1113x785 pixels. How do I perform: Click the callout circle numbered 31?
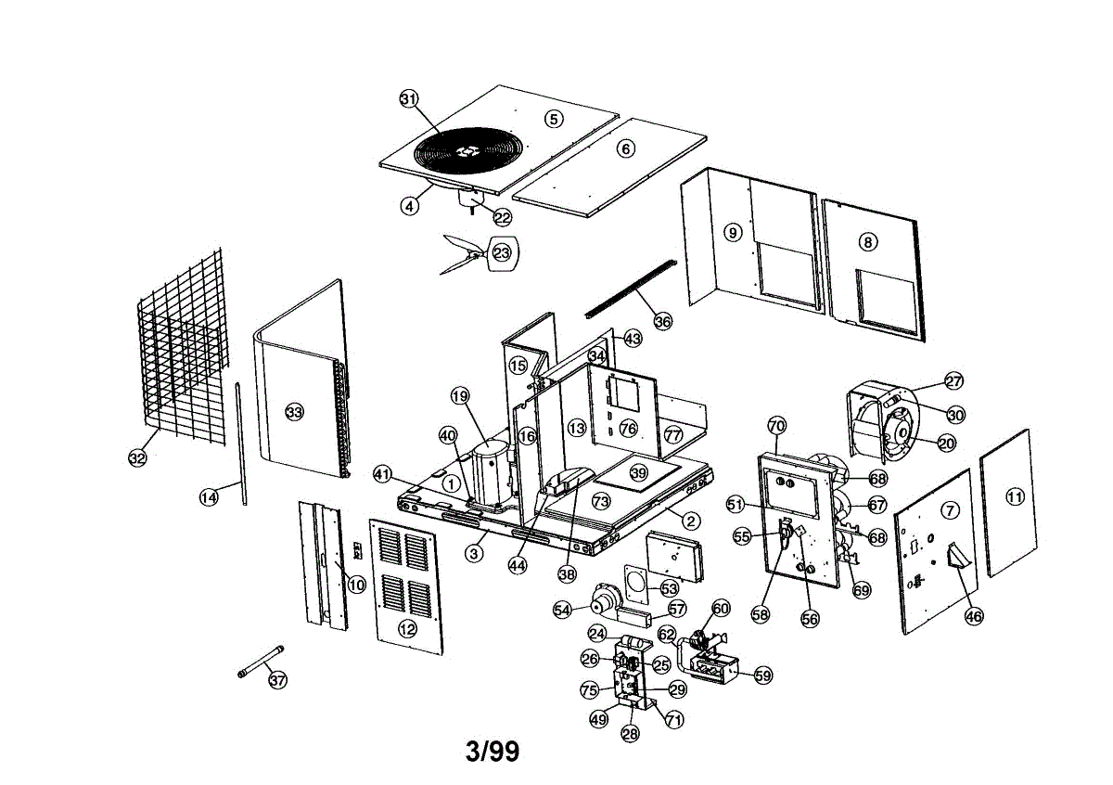point(409,99)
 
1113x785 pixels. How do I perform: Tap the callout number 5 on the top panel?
point(554,119)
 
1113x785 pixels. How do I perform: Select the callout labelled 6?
point(625,148)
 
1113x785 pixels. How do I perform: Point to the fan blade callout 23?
point(502,253)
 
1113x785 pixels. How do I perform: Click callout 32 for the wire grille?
point(137,457)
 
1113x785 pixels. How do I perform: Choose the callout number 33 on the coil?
point(294,412)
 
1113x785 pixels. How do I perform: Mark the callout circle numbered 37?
point(277,679)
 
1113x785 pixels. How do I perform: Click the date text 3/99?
point(493,751)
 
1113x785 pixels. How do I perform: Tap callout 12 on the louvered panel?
point(407,629)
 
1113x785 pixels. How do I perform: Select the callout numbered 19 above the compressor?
point(460,396)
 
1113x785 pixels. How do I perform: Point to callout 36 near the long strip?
point(662,321)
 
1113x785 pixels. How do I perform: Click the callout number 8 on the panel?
point(868,242)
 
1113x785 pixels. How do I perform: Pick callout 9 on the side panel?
point(733,232)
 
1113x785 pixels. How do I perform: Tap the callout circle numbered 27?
point(953,381)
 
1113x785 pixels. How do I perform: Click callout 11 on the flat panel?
point(1015,496)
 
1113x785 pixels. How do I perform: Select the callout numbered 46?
point(973,616)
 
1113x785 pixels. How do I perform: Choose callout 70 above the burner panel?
point(777,426)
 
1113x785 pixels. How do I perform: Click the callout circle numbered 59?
point(763,676)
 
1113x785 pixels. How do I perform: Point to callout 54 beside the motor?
point(562,610)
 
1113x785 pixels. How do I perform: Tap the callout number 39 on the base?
point(638,472)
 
